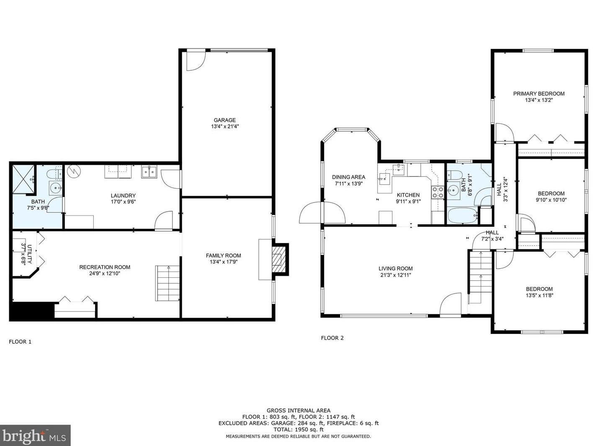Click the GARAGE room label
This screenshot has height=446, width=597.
coord(224,120)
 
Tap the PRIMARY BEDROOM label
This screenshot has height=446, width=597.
coord(538,94)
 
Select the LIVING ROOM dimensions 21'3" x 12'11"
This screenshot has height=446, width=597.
coord(396,275)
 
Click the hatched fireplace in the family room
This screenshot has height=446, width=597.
coord(280,259)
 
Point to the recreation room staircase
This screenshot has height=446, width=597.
coord(167,284)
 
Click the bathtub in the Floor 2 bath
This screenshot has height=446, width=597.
coord(462,216)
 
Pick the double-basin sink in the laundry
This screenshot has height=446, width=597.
coord(149,172)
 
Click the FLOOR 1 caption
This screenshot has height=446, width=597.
coord(20,342)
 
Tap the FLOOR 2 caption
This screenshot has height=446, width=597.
coord(332,338)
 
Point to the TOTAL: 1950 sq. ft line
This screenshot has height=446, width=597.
coord(298,429)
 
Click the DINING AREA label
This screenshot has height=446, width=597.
coord(348,177)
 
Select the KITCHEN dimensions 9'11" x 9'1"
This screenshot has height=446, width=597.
coord(408,201)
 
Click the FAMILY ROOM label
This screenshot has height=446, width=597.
coord(223,256)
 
